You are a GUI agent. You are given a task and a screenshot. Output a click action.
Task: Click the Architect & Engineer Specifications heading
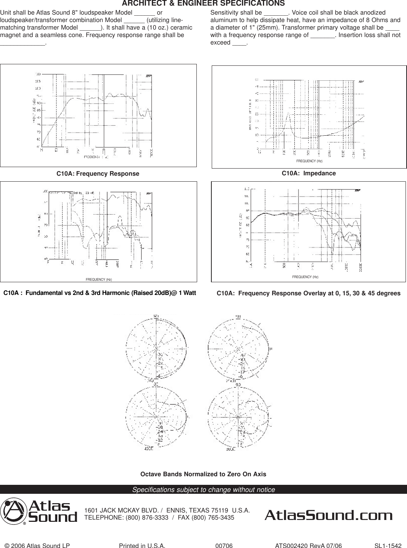(x=203, y=3)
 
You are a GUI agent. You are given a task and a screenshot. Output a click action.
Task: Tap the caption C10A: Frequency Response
(x=98, y=174)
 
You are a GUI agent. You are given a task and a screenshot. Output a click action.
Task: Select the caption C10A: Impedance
(x=309, y=173)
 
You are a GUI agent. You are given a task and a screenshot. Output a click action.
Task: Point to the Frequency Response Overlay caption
(x=309, y=293)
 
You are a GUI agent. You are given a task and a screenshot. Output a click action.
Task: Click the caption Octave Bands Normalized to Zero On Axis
(x=203, y=474)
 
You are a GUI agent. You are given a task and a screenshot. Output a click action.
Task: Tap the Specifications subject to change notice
(x=203, y=490)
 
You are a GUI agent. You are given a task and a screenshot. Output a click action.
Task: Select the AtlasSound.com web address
(x=328, y=516)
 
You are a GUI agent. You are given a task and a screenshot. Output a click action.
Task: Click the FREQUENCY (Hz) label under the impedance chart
(x=309, y=161)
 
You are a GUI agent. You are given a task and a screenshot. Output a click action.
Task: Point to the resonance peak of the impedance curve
(x=288, y=113)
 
